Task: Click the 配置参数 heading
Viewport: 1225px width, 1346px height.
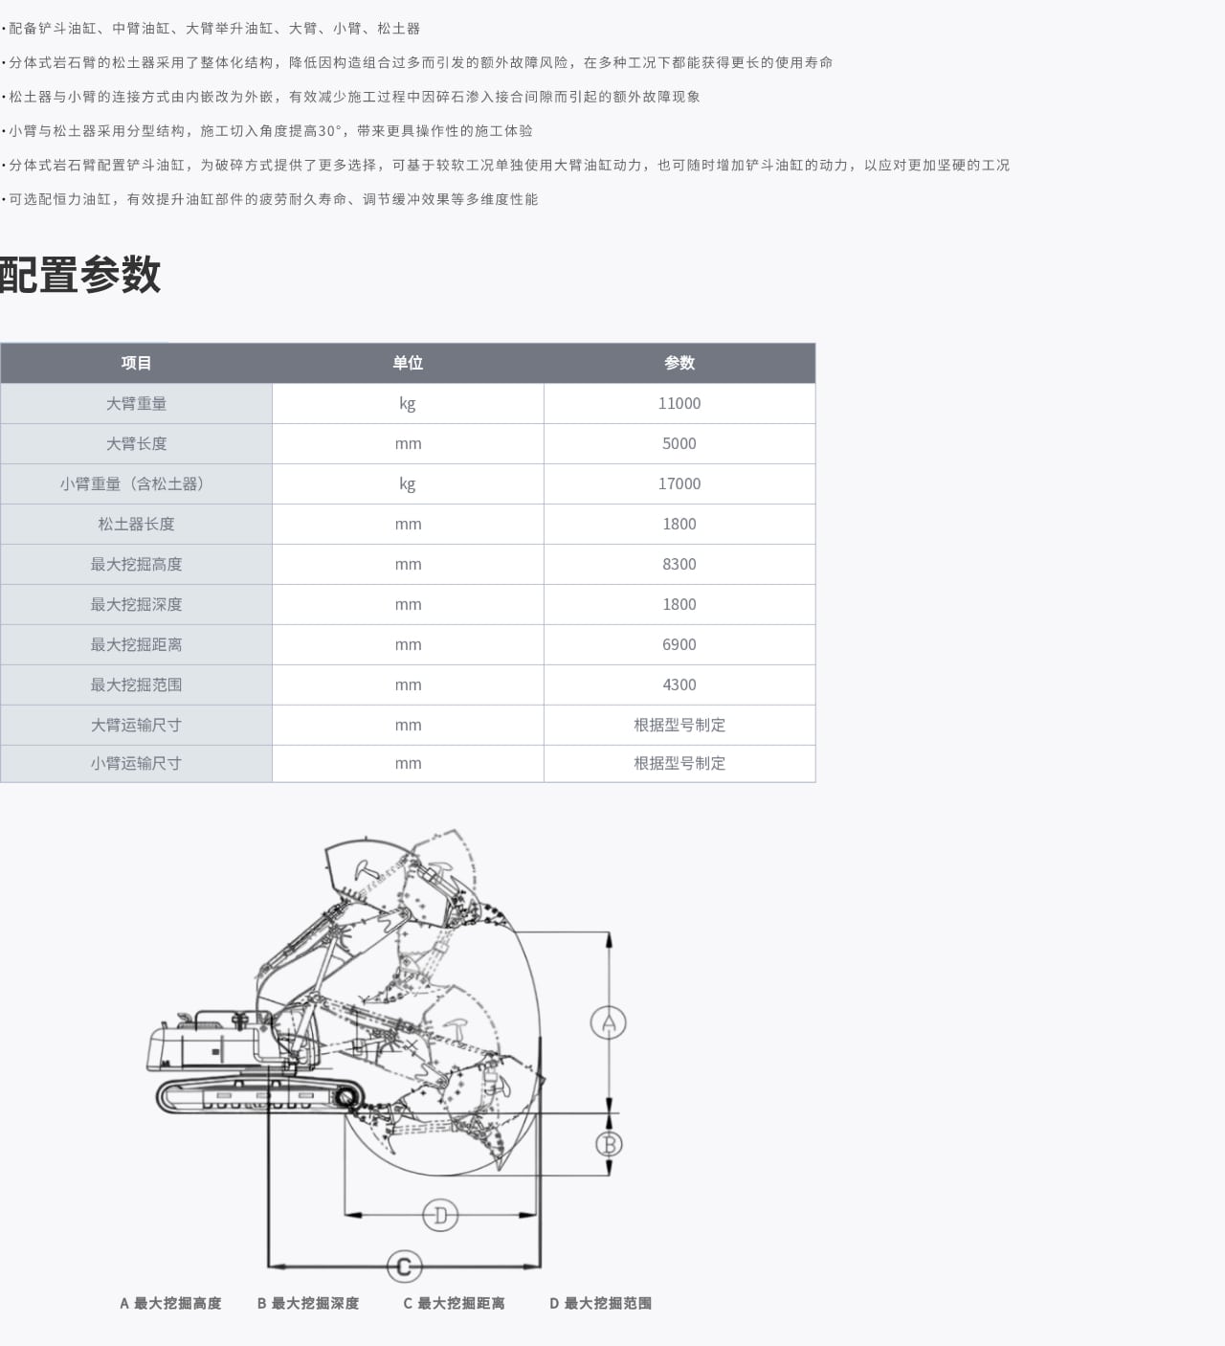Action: [80, 275]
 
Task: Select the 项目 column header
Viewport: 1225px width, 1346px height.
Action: [136, 363]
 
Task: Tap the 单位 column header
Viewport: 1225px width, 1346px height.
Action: [408, 363]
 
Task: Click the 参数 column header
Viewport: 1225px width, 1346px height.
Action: [679, 363]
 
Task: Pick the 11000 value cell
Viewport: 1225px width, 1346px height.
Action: [679, 403]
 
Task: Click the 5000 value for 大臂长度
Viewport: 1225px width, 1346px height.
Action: [679, 443]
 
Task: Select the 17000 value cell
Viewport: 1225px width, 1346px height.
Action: [679, 483]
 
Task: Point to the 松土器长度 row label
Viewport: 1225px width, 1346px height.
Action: [136, 524]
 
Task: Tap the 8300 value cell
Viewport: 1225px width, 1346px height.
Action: [679, 564]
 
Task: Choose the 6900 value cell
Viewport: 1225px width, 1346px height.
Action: [679, 644]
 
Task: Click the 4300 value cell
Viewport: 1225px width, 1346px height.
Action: [679, 684]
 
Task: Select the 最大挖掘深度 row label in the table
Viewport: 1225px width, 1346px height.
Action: [136, 604]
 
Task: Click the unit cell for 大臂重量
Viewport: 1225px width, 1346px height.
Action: [408, 403]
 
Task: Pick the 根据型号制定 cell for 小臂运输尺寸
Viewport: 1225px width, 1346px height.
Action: [679, 763]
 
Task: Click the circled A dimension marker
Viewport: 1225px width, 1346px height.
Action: [608, 1022]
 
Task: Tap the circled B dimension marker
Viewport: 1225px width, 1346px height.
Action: [609, 1143]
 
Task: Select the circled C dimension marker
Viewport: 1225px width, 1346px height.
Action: [404, 1267]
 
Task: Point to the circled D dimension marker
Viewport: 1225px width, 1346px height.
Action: [440, 1215]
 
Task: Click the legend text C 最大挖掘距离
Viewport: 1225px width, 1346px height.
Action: [454, 1303]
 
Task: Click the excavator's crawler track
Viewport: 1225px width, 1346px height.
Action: [258, 1095]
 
